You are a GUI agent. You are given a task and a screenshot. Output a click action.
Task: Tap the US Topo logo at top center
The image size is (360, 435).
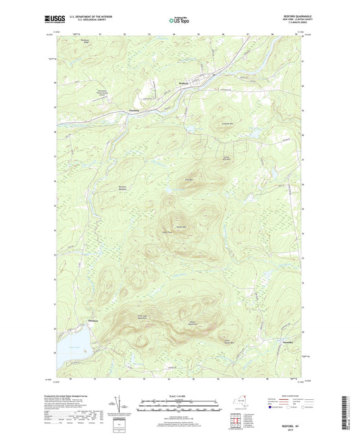tap(179, 22)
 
